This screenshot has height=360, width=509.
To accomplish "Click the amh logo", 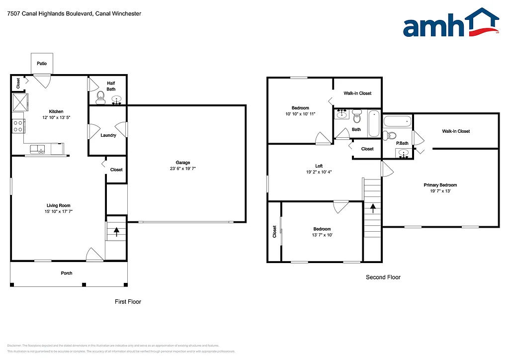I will pos(450,23).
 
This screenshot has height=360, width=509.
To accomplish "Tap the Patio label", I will pos(41,63).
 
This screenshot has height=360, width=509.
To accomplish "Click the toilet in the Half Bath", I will pos(100,96).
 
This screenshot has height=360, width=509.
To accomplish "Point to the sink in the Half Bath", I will pos(117,99).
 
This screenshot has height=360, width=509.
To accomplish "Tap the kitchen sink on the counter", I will pos(37,149).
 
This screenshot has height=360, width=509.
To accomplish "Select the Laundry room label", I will pos(108,135).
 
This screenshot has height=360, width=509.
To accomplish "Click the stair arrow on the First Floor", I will pos(117,231).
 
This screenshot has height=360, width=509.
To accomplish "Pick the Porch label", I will pos(67,273).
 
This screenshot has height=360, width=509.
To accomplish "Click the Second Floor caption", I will pos(383,277).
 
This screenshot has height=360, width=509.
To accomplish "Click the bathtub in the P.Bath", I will pos(398,121).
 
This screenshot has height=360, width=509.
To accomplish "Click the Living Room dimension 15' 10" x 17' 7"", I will pos(58,211).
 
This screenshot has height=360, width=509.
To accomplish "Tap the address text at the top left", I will pos(74,14).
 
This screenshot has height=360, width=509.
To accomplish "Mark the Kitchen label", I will pos(56,111).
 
